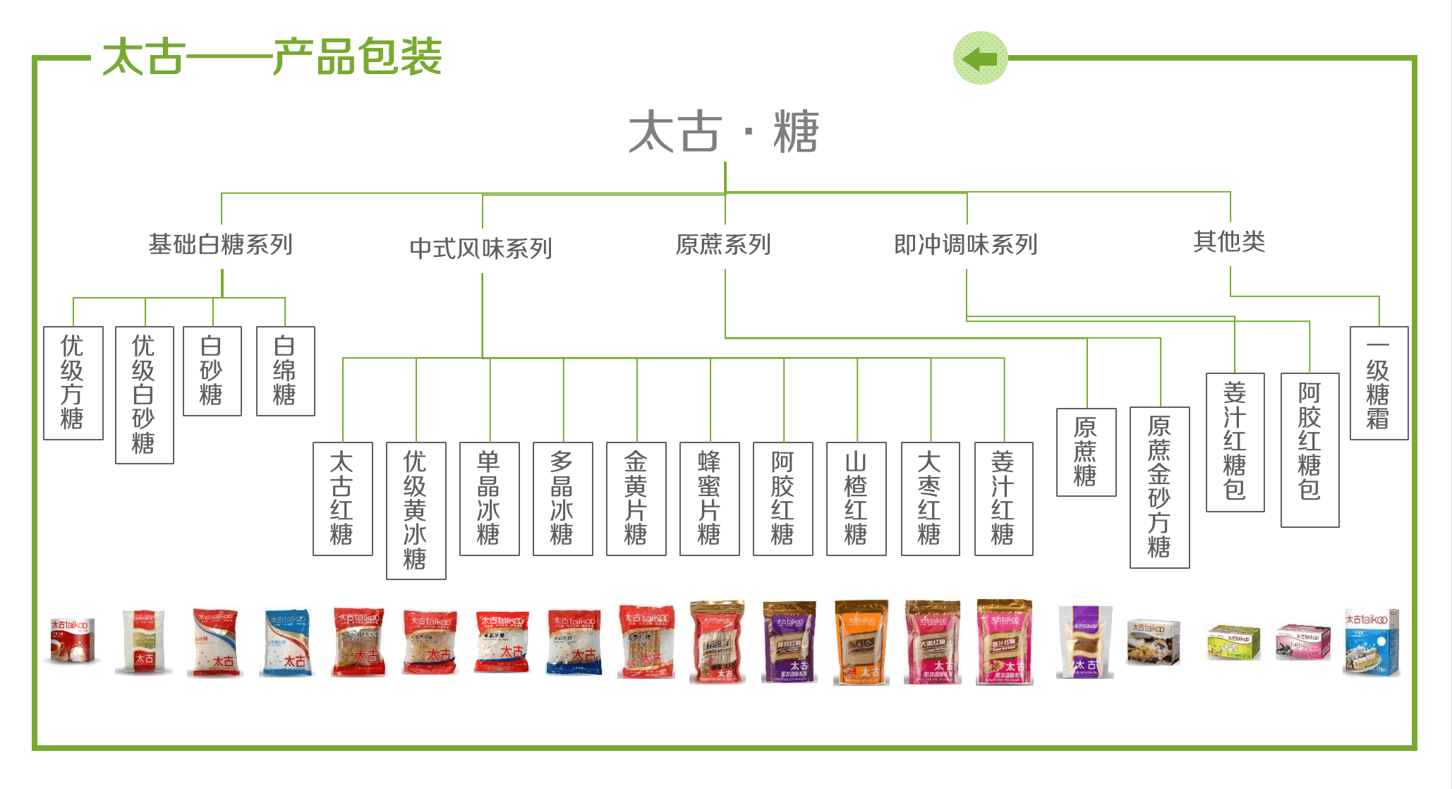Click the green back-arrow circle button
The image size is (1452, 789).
coord(980,58)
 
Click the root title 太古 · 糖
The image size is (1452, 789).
coord(724,132)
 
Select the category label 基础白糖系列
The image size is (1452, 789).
coord(221,245)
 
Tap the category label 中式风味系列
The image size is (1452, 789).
coord(481,248)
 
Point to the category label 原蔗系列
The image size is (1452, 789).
coord(723,245)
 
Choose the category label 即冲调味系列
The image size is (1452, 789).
coord(966,245)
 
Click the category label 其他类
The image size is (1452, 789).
coord(1229,242)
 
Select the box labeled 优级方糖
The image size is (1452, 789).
coord(73,383)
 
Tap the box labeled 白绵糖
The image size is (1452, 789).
coord(285,371)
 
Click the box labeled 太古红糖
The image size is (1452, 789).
coord(342,498)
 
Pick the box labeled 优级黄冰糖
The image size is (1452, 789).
coord(416,510)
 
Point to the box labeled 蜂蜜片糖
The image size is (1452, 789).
coord(709,498)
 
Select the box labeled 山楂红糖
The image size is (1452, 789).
coord(856,498)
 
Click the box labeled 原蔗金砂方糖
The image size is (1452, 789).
coord(1159,487)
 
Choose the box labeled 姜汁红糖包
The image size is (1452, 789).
coord(1235,442)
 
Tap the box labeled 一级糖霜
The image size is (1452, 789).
coord(1379,383)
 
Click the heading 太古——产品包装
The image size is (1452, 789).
coord(272,56)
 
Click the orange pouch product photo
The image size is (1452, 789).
coord(861,642)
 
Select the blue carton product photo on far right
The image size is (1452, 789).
coord(1372,642)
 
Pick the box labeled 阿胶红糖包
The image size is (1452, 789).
coord(1309,450)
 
